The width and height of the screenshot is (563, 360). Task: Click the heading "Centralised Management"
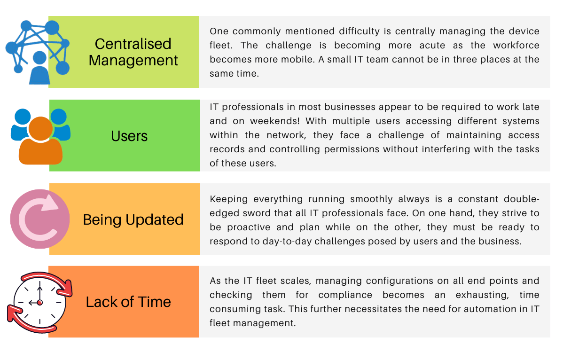pyautogui.click(x=133, y=52)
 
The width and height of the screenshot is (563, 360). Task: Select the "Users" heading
pyautogui.click(x=129, y=136)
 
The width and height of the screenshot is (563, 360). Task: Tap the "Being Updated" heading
pyautogui.click(x=133, y=219)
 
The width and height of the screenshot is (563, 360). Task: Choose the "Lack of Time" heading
pyautogui.click(x=128, y=302)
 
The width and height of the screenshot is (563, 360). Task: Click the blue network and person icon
pyautogui.click(x=38, y=52)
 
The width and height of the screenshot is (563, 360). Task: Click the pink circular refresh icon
pyautogui.click(x=40, y=219)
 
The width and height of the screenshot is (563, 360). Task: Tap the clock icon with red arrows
pyautogui.click(x=39, y=302)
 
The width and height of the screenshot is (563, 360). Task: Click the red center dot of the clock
pyautogui.click(x=39, y=303)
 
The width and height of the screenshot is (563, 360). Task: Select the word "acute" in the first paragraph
pyautogui.click(x=432, y=45)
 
